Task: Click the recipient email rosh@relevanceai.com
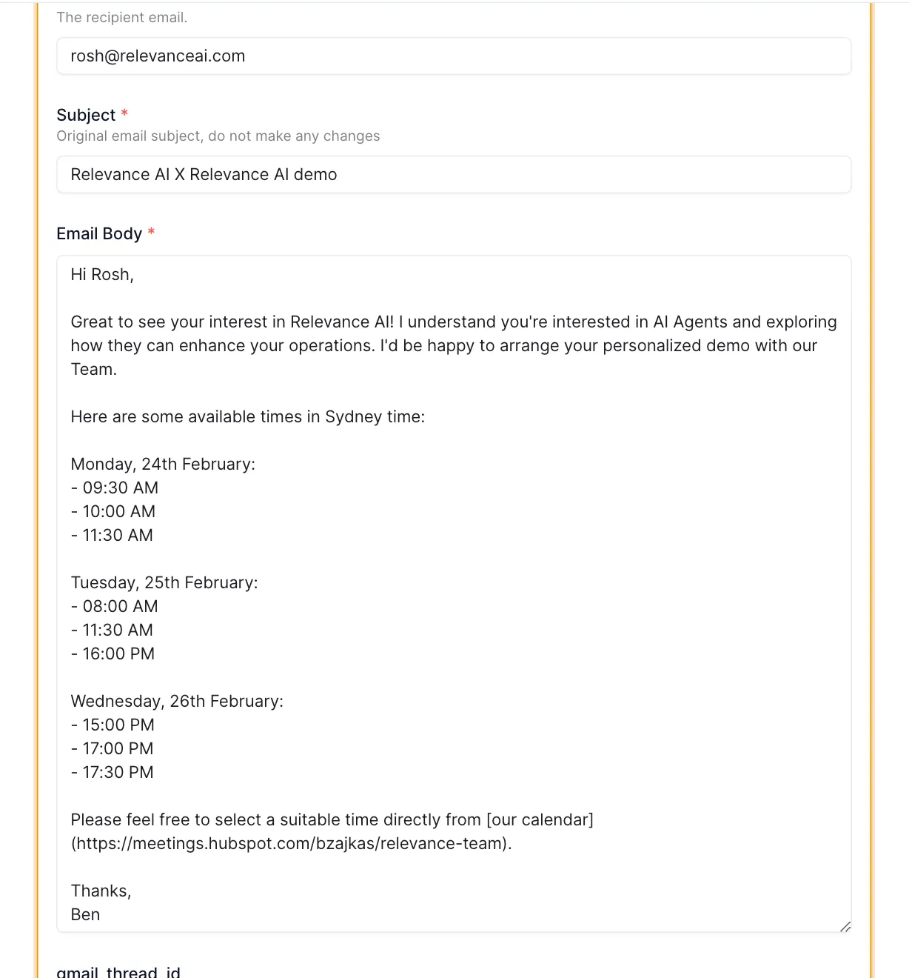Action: (x=158, y=56)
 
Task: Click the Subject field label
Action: (x=86, y=115)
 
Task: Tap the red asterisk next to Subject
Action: (x=124, y=113)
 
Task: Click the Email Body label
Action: (x=99, y=233)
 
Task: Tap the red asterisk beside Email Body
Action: (x=151, y=232)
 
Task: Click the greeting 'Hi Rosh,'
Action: (x=102, y=275)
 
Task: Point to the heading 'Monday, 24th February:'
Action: (x=163, y=465)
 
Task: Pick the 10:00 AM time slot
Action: (x=118, y=512)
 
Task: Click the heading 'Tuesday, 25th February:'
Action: (x=164, y=583)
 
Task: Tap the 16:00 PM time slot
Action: (x=118, y=654)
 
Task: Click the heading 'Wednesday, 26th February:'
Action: (x=177, y=702)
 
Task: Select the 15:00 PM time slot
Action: (x=118, y=725)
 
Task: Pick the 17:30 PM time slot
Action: (x=118, y=773)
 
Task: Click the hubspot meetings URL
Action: (x=291, y=844)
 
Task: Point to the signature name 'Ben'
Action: (x=85, y=915)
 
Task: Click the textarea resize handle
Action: (x=845, y=927)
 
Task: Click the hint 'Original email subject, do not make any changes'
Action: (x=218, y=136)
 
